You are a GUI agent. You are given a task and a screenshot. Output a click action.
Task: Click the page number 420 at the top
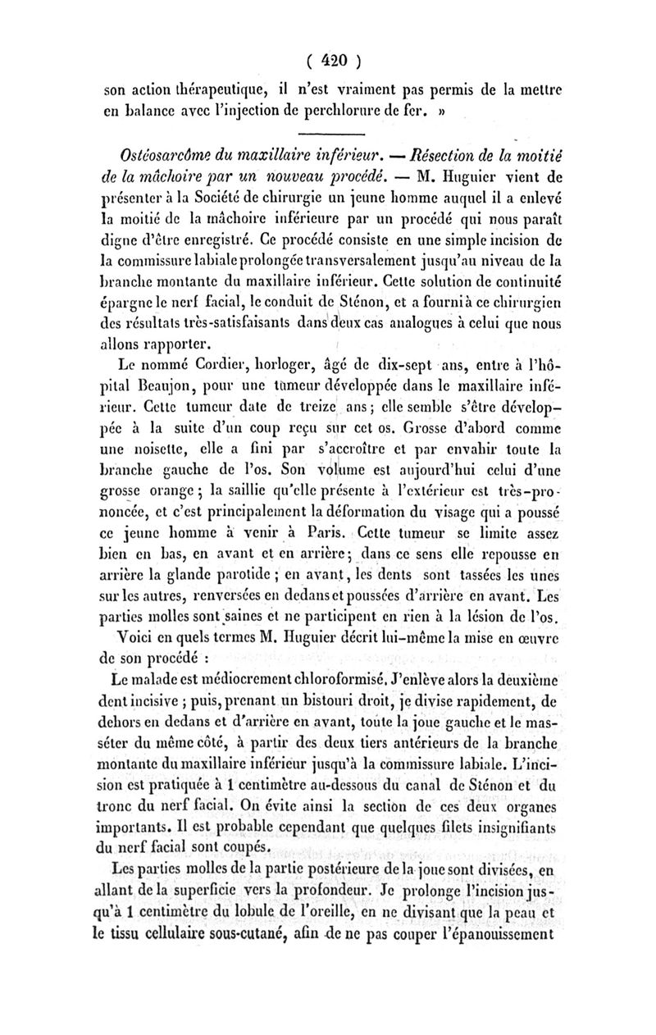328,60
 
